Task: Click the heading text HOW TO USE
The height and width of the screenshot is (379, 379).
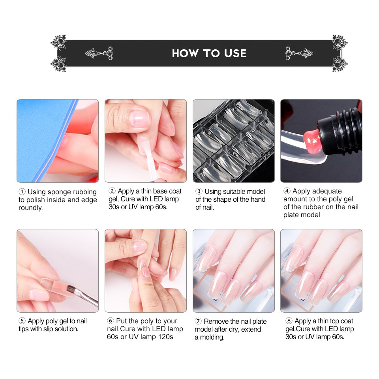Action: click(x=209, y=53)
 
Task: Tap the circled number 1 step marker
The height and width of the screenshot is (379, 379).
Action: click(x=22, y=192)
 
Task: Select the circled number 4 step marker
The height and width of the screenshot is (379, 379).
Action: click(x=287, y=191)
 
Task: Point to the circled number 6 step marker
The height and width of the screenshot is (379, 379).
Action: click(x=111, y=321)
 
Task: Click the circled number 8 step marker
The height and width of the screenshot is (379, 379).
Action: click(x=289, y=321)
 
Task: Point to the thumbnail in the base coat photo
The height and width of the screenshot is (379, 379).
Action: click(x=139, y=118)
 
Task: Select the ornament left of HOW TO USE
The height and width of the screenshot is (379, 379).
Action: click(x=99, y=53)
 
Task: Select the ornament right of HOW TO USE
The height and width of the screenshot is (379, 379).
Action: click(x=299, y=53)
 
